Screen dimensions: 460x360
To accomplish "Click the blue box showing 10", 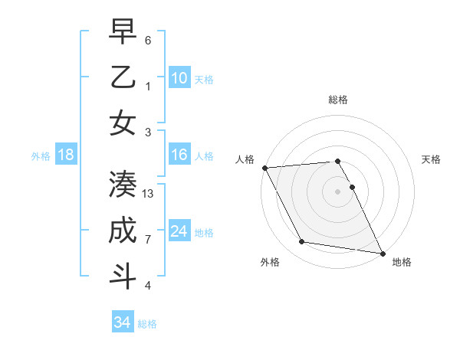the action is coord(179,78).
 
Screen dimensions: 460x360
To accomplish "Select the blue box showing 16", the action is coord(179,155).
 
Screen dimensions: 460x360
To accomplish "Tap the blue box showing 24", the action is coord(179,231).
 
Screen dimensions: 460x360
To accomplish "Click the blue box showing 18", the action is coord(65,155).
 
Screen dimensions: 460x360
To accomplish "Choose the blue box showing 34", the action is coord(122,322).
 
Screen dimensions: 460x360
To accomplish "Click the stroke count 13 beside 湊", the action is coord(148,194).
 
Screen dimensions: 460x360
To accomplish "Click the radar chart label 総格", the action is coord(338,100).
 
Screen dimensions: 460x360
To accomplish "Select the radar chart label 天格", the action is coord(432,159).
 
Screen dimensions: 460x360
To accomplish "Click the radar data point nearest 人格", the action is coord(264,168).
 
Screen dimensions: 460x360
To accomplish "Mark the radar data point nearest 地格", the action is coord(383,253).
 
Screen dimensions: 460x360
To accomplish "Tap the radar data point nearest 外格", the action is coord(302,242).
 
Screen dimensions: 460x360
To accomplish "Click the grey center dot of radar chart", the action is coord(338,191).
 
